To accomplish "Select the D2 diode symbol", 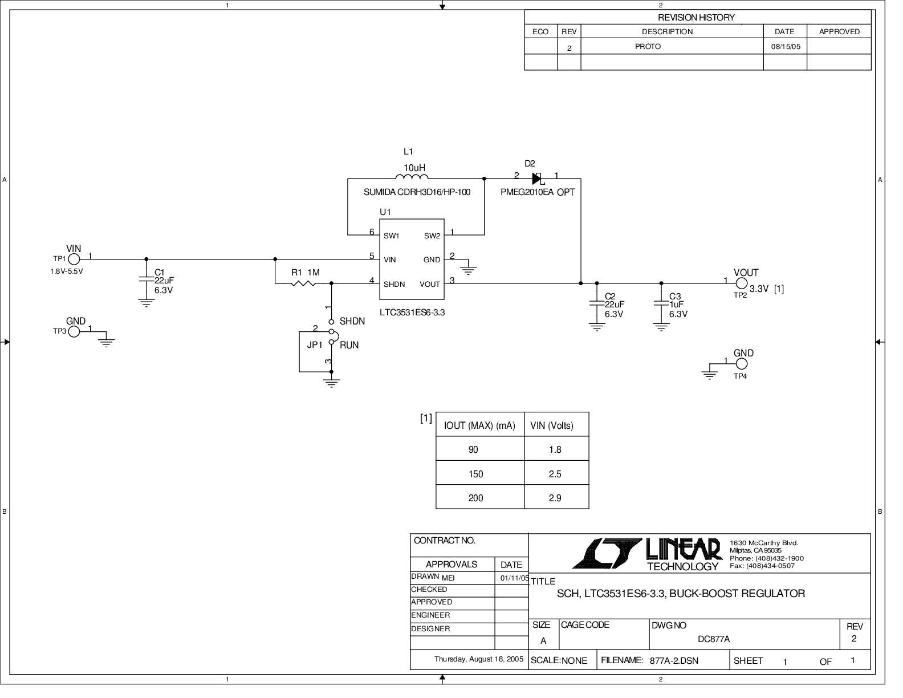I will pos(536,178).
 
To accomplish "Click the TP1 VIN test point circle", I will pos(74,259).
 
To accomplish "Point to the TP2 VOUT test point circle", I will pos(741,283).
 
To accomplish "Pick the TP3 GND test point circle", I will pos(74,331).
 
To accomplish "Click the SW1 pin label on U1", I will pos(392,236).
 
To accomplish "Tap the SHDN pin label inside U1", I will pos(394,284).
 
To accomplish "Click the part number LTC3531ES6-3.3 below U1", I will pos(412,313).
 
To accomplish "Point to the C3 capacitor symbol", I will pos(661,302).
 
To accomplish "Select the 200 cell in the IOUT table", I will pos(475,498).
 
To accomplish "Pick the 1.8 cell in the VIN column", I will pos(555,449).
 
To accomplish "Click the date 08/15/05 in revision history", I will pos(786,47).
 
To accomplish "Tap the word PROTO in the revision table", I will pos(648,47).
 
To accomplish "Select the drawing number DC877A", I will pos(713,639).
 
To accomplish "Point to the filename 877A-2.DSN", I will pos(674,661).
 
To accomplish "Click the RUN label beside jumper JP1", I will pos(349,345).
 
